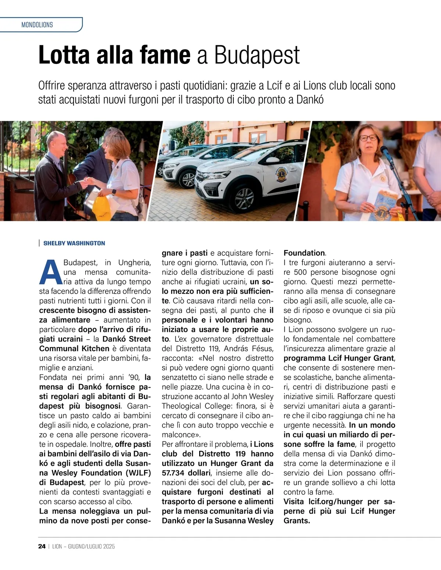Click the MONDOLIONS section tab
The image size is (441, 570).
point(37,25)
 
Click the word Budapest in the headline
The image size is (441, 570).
point(257,55)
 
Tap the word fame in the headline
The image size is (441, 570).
point(165,55)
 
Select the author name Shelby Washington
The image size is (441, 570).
point(74,243)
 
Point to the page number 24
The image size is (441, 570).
point(42,546)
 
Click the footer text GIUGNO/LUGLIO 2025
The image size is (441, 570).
point(92,546)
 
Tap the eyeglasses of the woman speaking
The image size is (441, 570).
point(368,138)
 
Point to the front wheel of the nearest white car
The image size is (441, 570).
point(244,198)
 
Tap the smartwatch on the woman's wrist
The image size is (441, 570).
point(114,192)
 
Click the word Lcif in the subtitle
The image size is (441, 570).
point(275,86)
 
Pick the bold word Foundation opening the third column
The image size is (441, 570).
point(304,253)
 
